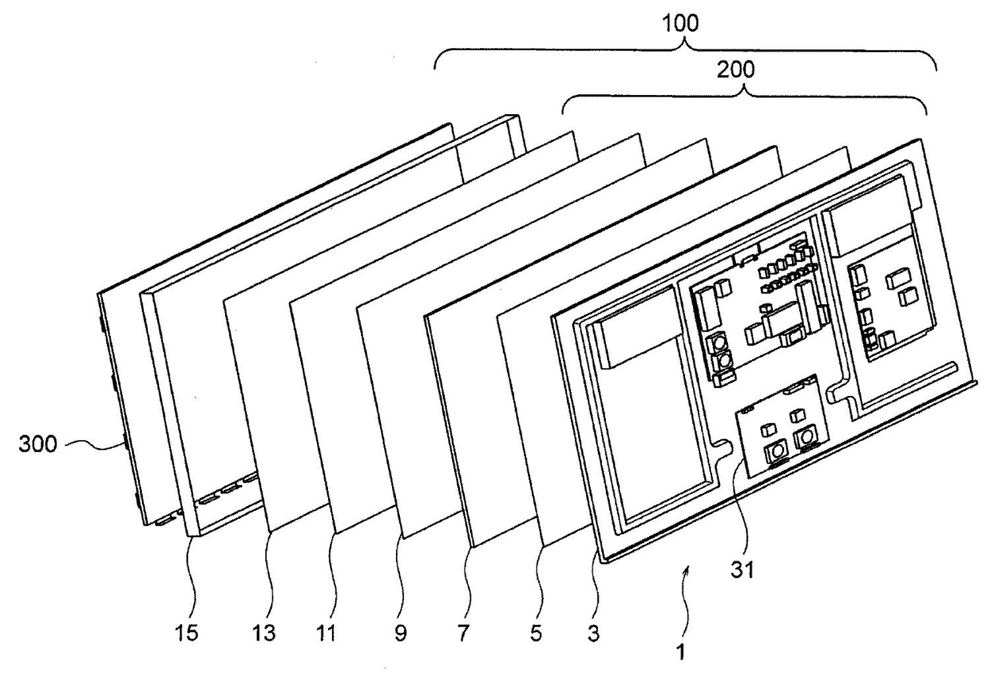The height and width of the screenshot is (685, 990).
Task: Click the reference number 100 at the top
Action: pos(680,23)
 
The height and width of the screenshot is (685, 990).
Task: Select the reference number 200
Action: pos(735,69)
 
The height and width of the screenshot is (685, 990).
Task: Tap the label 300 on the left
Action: pos(38,444)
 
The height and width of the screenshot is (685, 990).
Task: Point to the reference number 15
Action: pos(187,633)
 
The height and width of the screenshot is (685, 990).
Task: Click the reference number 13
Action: pos(263,633)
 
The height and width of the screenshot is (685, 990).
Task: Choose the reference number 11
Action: pos(327,633)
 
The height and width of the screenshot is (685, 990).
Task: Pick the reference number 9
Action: pos(401,633)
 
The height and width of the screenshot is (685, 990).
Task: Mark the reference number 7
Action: pos(463,633)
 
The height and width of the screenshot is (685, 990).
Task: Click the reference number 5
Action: pos(536,633)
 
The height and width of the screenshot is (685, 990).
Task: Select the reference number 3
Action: pos(593,633)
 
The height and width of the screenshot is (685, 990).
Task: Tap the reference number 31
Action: pos(742,570)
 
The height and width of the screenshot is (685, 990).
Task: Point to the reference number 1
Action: pos(681,651)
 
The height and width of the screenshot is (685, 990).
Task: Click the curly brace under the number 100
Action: pos(686,49)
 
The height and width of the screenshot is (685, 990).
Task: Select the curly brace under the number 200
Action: pos(746,96)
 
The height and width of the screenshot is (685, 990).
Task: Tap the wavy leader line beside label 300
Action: pos(93,446)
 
